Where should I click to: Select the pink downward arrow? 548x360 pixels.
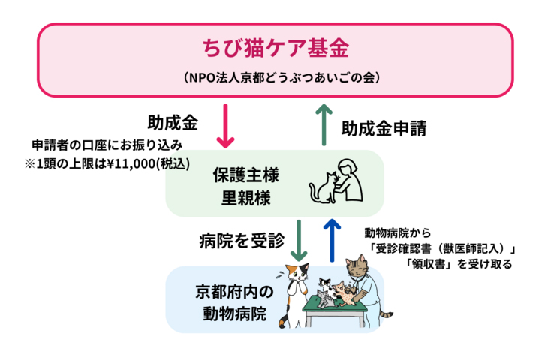click(226, 126)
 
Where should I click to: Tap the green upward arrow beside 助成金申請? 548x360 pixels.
click(324, 126)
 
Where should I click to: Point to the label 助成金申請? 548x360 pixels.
click(384, 128)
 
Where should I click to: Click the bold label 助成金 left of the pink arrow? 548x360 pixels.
click(173, 120)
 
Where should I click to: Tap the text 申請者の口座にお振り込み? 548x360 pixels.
click(108, 144)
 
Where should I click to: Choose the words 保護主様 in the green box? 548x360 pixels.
click(246, 177)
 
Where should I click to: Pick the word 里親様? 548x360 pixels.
click(246, 199)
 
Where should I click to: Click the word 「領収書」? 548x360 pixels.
click(424, 263)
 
